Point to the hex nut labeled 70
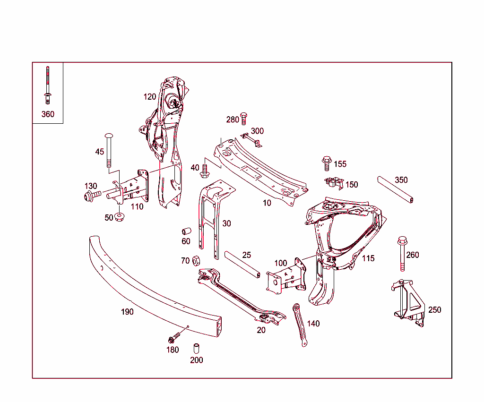(x=198, y=260)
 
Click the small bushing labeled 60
(x=186, y=231)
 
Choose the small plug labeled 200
(x=196, y=349)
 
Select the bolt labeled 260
(x=402, y=253)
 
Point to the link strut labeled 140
(x=300, y=325)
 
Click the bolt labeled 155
(x=326, y=163)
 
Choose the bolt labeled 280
(x=244, y=118)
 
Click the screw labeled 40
(x=205, y=171)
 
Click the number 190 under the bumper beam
(x=127, y=312)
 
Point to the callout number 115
(x=368, y=258)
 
